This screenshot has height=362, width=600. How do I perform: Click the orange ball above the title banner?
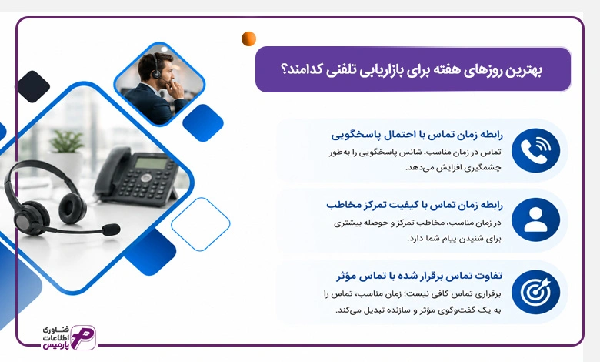(248, 39)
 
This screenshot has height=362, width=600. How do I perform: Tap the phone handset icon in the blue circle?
(535, 150)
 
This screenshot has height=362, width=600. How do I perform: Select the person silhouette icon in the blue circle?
(535, 220)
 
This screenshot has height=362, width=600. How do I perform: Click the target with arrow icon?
(535, 292)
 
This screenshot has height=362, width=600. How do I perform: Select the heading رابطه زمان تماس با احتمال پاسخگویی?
(417, 135)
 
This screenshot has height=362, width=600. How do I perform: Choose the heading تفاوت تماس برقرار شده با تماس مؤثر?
(419, 276)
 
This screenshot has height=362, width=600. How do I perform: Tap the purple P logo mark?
(83, 337)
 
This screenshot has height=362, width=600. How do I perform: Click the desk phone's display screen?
(151, 163)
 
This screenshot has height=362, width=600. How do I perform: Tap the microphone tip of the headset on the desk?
(111, 230)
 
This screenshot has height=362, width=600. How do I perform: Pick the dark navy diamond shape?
(32, 86)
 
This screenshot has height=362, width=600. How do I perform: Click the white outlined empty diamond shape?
(201, 224)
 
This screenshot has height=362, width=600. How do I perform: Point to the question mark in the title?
(285, 70)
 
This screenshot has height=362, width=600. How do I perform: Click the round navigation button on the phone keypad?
(146, 178)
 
